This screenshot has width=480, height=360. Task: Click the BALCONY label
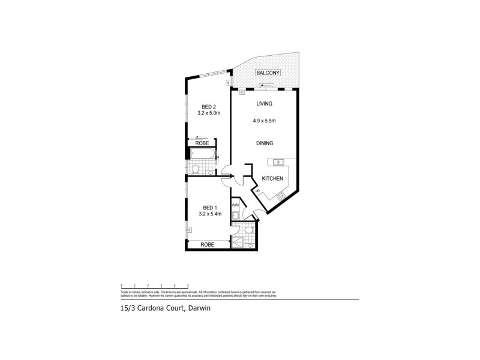coord(267,73)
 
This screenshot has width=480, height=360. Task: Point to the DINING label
coord(265,143)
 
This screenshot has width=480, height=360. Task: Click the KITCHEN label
coord(272,179)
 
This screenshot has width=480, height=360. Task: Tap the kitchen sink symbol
coord(279,162)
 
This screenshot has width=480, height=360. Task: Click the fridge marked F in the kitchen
coord(257,191)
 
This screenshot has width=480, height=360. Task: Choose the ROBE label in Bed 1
coord(208,245)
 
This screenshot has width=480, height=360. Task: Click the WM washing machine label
coord(236,205)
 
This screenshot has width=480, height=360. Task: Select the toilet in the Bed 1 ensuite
coord(248,229)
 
